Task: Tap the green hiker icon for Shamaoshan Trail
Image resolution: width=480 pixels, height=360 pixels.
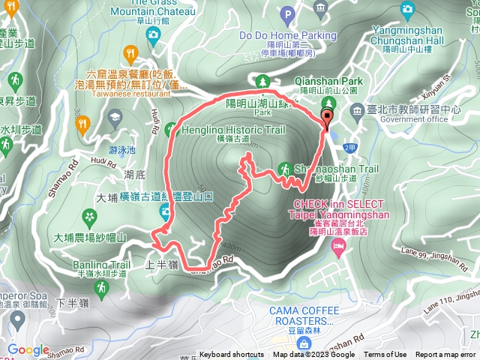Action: [284, 168]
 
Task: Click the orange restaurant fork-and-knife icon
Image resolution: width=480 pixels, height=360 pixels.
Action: [131, 52]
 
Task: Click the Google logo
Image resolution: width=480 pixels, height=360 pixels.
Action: [28, 349]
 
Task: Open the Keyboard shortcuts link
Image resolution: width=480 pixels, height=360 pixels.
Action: [232, 355]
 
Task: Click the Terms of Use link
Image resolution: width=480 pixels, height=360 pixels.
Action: [385, 355]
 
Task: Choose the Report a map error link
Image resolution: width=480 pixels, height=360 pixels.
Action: [446, 355]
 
